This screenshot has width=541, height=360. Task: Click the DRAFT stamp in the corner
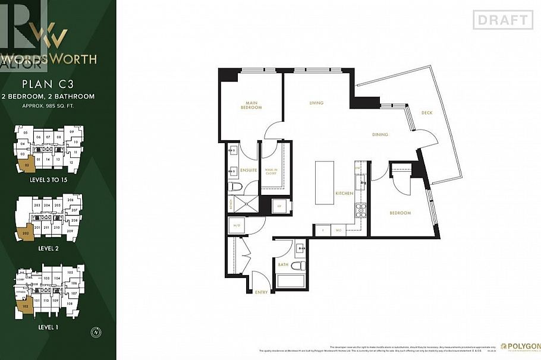click(x=502, y=20)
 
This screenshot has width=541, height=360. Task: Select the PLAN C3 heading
click(x=56, y=84)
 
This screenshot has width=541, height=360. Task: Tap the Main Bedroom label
click(x=251, y=105)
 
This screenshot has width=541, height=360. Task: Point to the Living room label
click(x=316, y=103)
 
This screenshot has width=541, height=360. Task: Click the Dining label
click(x=380, y=134)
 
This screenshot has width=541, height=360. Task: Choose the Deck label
click(x=427, y=113)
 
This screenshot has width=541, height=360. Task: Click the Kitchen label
click(x=344, y=194)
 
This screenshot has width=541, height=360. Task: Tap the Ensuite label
click(x=249, y=170)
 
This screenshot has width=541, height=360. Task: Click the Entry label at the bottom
click(x=262, y=292)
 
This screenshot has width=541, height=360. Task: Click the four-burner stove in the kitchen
click(x=359, y=210)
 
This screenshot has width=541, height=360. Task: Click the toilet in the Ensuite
click(x=235, y=188)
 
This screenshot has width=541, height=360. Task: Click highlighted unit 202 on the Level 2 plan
click(x=26, y=233)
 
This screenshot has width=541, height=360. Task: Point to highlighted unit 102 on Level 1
click(x=24, y=307)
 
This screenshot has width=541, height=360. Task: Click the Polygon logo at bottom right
click(x=520, y=346)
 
